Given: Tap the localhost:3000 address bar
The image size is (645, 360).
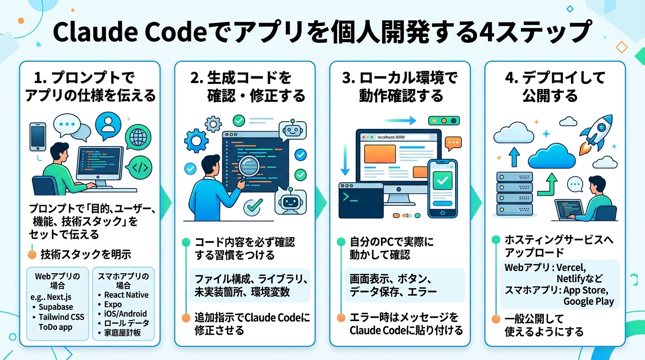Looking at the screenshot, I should coord(398,137).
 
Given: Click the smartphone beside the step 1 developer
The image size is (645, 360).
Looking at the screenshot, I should coord(37,136).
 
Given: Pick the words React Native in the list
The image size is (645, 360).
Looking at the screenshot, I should coord(126,295).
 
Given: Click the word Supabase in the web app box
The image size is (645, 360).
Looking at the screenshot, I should coord(56,307).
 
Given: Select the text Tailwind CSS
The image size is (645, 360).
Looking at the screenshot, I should coord(61,317).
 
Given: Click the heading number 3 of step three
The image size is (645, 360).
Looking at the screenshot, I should coord(347,78).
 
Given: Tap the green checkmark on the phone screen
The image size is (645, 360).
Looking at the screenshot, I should coord(442,179).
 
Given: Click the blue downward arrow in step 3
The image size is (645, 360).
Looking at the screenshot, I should coord(345,159).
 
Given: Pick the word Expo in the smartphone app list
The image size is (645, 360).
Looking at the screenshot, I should coord(113,304).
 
